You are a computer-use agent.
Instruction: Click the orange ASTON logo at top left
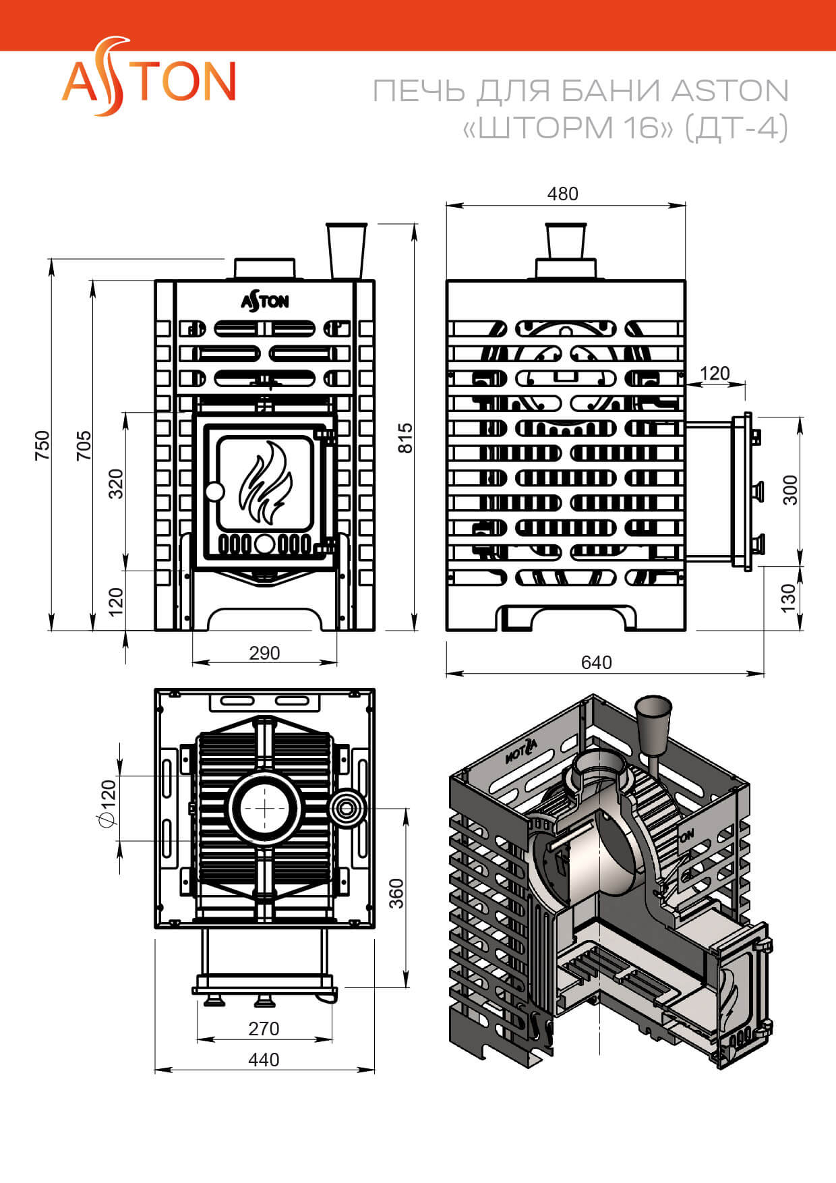148,80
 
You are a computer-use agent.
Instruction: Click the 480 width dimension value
562,194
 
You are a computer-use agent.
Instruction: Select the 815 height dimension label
405,438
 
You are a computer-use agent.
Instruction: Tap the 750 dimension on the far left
42,445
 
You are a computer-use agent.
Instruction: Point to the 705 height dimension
84,445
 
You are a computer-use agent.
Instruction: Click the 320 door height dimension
116,484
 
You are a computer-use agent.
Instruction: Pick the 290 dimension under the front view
264,653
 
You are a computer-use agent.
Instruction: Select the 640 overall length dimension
596,662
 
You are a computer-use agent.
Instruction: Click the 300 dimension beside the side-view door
790,490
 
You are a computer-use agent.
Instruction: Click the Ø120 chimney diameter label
108,803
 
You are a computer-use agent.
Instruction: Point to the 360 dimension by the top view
396,893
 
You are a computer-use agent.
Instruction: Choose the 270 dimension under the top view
264,1029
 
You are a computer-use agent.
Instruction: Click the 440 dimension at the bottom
264,1060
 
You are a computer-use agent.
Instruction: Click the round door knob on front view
214,491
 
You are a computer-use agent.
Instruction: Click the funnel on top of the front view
347,250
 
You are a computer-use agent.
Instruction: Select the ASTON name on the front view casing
265,301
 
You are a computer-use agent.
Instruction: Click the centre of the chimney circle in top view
264,807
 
